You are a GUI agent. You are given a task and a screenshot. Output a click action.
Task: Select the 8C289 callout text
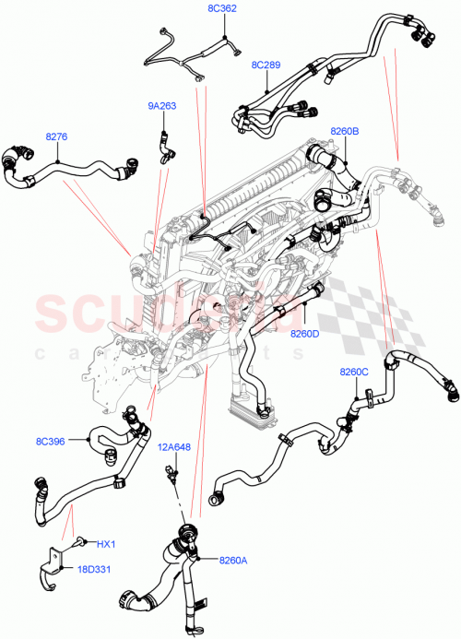click(x=266, y=66)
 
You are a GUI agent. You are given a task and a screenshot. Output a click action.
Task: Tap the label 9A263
click(x=162, y=106)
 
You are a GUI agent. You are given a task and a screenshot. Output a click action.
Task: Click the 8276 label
click(x=57, y=136)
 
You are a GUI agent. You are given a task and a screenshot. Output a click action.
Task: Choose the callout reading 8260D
click(x=304, y=333)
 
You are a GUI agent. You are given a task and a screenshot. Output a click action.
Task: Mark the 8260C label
click(x=353, y=372)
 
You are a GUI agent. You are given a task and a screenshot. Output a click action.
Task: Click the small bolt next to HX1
click(x=82, y=542)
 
